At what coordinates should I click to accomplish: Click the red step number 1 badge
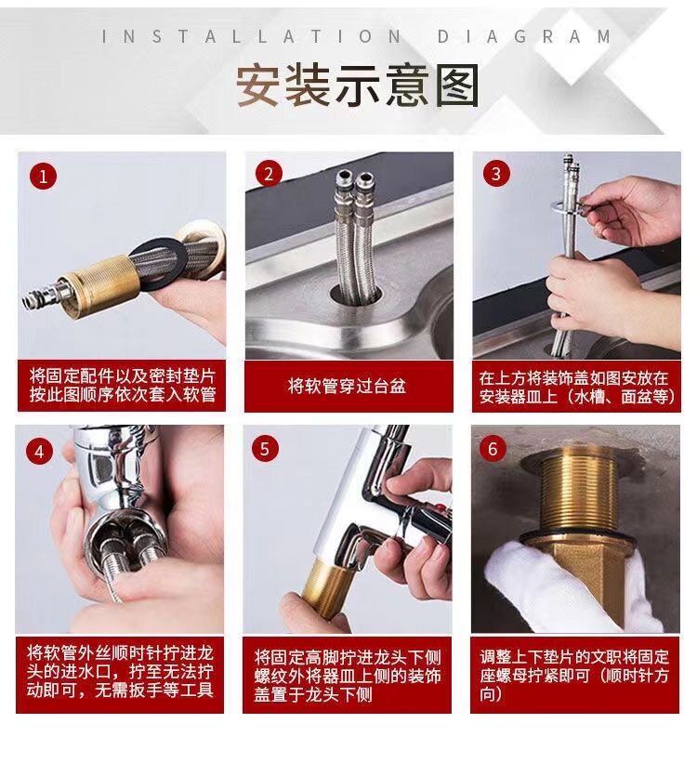(43, 177)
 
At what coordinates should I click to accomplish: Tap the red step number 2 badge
(269, 174)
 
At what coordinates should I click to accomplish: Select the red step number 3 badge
(496, 174)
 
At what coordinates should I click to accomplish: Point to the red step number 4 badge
(39, 451)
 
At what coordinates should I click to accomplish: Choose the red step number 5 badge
(265, 448)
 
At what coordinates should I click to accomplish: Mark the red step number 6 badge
(493, 448)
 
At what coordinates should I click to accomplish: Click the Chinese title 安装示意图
(358, 86)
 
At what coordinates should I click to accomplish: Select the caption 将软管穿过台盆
(347, 387)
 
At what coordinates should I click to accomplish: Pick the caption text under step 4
(120, 672)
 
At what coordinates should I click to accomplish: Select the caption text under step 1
(122, 385)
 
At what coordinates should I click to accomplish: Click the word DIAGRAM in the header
(524, 36)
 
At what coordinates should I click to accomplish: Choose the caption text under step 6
(574, 676)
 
